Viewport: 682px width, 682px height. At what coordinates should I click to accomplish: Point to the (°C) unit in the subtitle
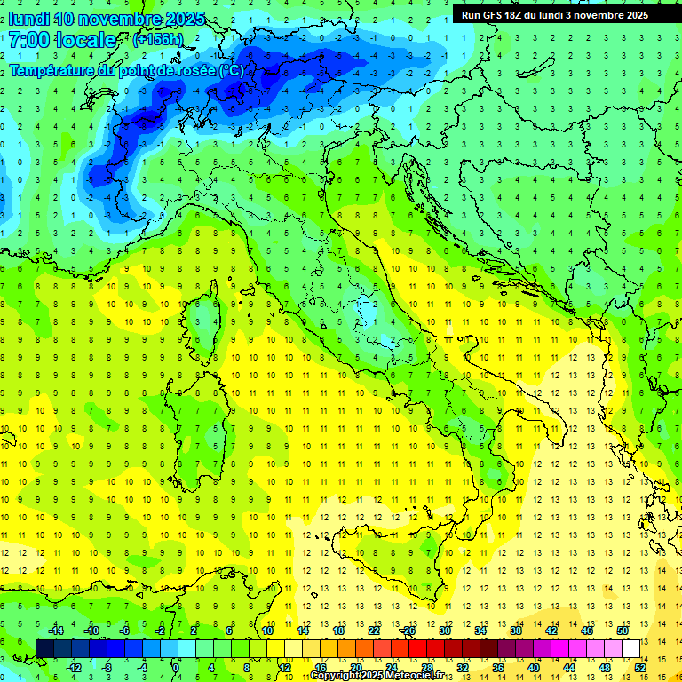pyautogui.click(x=230, y=70)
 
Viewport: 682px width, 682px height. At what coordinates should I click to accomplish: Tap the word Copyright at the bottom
pyautogui.click(x=335, y=676)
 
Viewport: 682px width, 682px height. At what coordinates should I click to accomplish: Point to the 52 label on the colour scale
pyautogui.click(x=640, y=668)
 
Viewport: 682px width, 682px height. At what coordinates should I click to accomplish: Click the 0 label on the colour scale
pyautogui.click(x=176, y=668)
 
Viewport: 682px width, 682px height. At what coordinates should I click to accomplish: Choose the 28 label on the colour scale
pyautogui.click(x=427, y=668)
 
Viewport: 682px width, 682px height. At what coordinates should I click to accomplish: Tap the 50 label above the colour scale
pyautogui.click(x=623, y=630)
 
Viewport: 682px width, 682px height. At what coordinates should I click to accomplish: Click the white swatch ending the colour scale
pyautogui.click(x=630, y=648)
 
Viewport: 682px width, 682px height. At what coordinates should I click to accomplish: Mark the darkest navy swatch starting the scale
pyautogui.click(x=44, y=648)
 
